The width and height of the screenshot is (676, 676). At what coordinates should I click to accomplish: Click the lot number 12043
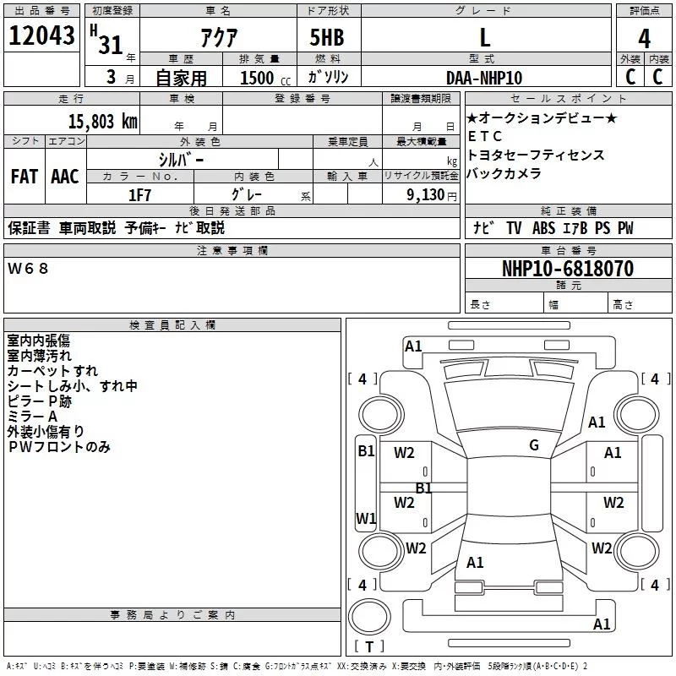41,38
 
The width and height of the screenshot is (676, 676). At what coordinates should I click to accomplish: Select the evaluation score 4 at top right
644,39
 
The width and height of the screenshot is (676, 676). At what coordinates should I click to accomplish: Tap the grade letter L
485,38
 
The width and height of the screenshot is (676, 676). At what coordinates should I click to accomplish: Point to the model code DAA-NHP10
484,78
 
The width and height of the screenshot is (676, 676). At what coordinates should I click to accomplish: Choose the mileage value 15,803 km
96,121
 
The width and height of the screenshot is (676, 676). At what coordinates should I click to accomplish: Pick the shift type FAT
25,177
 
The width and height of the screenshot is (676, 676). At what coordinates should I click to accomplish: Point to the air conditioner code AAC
65,177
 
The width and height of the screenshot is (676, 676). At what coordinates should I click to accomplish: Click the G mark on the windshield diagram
533,445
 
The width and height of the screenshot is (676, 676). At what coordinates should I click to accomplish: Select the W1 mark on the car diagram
365,518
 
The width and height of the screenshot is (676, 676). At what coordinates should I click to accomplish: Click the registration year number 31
111,45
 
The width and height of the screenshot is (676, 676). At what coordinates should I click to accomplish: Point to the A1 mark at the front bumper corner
413,346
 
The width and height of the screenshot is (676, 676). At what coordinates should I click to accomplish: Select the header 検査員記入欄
172,325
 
